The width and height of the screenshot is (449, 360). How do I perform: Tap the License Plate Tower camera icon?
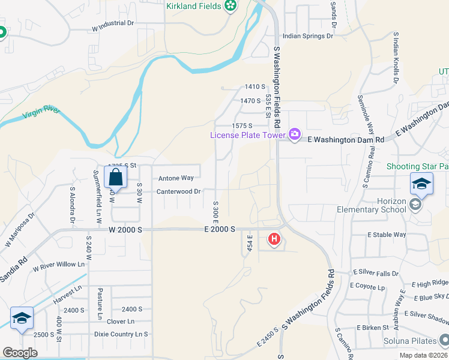point(294,134)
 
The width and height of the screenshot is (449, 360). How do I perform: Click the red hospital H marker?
point(274,239)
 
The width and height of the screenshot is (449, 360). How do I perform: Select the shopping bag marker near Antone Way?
point(114,178)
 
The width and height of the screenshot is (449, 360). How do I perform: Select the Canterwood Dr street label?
point(178,192)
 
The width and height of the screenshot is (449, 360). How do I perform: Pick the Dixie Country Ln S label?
point(121,334)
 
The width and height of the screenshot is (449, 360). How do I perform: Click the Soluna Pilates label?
point(409,343)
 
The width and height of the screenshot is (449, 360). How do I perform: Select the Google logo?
point(20,353)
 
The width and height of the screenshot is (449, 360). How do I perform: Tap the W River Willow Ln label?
point(59,265)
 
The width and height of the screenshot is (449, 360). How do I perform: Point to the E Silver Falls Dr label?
point(376,273)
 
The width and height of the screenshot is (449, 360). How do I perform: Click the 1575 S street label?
point(242,125)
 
